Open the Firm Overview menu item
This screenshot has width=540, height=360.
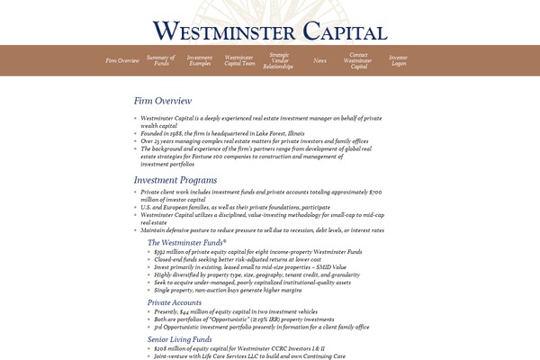pos(122,60)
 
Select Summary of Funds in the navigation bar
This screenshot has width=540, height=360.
pos(161,60)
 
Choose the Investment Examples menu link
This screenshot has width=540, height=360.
pos(200,60)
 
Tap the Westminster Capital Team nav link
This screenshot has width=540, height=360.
pos(239,60)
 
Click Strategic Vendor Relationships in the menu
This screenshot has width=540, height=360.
pos(279,60)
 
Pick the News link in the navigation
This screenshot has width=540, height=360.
pos(319,60)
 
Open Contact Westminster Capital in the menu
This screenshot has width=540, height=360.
pos(358,60)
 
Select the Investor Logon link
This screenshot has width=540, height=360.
pos(399,60)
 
